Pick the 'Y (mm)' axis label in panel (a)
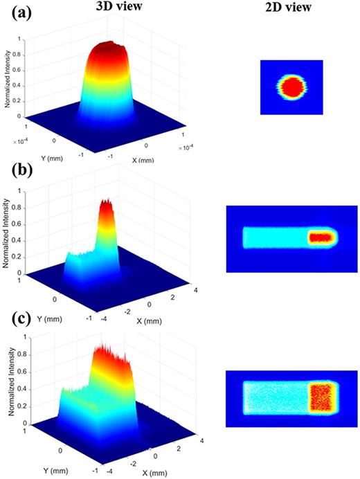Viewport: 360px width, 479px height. tap(41, 144)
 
